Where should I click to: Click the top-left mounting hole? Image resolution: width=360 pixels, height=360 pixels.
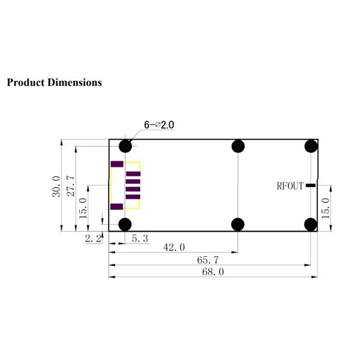click(125, 146)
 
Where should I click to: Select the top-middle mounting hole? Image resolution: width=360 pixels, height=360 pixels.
click(238, 146)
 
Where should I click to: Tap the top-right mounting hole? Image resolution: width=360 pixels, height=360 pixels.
click(310, 146)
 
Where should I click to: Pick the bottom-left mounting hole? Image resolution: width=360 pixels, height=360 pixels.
click(125, 224)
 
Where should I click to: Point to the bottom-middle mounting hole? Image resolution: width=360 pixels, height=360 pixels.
click(238, 224)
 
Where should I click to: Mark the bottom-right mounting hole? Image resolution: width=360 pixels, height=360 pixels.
click(310, 224)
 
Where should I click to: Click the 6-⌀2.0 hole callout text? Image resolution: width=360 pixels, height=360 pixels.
click(159, 125)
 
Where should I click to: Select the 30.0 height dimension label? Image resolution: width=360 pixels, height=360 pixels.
click(56, 186)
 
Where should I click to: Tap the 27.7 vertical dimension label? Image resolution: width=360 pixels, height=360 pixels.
click(70, 186)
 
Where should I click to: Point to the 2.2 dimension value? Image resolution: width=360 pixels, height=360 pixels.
click(93, 239)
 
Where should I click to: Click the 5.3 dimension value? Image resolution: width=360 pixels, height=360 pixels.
click(139, 239)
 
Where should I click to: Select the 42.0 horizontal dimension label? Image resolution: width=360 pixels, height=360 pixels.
click(175, 247)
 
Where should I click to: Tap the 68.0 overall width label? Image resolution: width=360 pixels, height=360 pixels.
click(213, 272)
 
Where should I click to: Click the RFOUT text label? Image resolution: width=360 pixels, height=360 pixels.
click(290, 186)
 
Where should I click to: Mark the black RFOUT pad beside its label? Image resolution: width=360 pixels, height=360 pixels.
click(310, 186)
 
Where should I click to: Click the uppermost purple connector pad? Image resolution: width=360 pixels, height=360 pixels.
click(117, 164)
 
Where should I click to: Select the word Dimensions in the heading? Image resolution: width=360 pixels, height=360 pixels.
click(74, 82)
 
